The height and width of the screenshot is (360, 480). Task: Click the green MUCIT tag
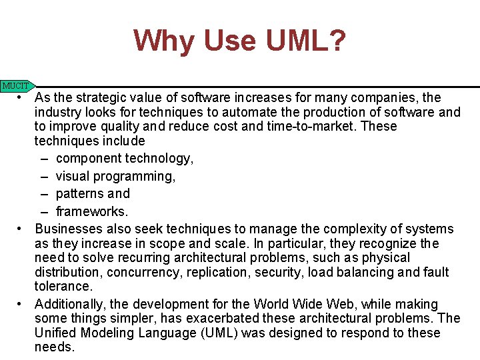(17, 86)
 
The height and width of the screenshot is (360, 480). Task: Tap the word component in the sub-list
(88, 159)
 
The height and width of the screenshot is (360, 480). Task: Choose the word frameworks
(91, 212)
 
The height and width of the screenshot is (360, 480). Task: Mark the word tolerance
(64, 287)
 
